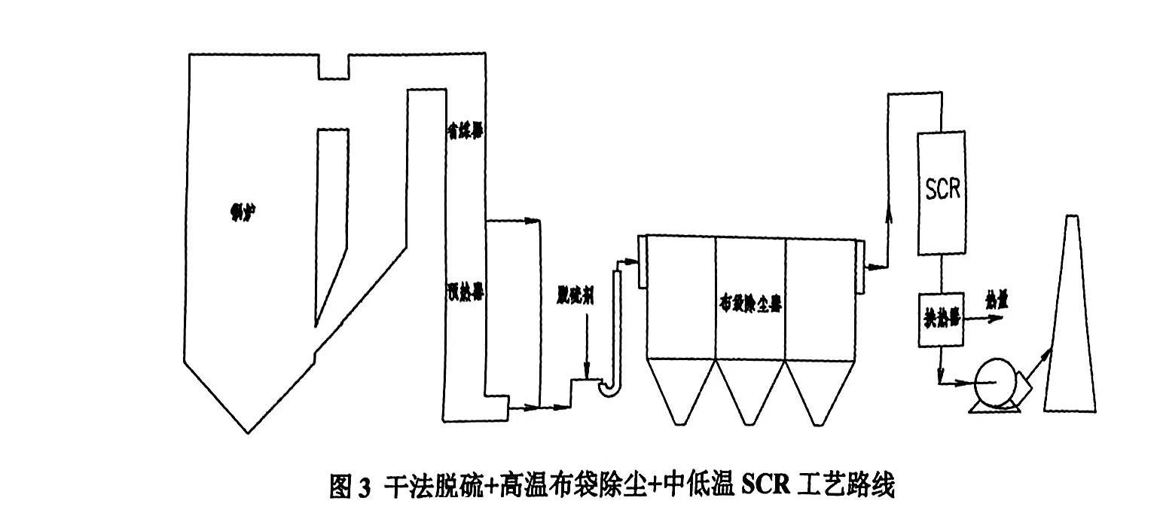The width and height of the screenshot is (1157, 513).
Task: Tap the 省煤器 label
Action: coord(463,130)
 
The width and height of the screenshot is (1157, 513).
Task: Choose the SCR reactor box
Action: coord(942,191)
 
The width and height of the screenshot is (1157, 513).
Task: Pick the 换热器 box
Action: coord(941,319)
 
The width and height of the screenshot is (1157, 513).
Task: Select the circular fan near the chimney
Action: coord(996,384)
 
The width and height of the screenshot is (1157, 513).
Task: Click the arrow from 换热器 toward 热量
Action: coord(987,319)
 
